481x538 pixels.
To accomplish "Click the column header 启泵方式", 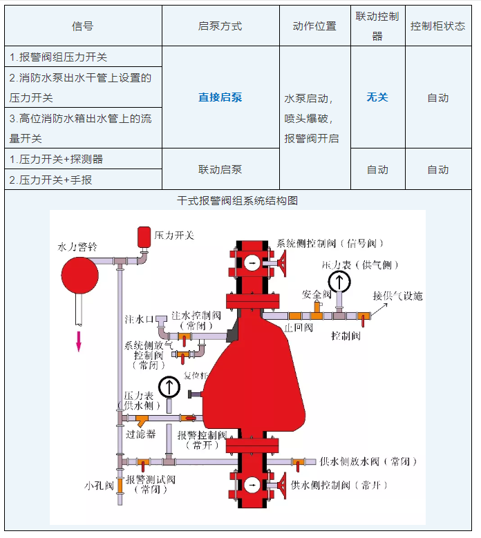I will [220, 26].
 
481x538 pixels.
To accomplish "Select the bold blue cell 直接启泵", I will [220, 97].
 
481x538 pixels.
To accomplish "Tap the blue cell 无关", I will [377, 97].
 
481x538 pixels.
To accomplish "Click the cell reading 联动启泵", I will [220, 169].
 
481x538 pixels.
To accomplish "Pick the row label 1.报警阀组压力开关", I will [59, 57].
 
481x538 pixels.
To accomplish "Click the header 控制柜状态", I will [437, 26].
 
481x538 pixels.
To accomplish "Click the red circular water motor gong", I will [81, 275].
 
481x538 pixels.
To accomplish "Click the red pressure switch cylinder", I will [144, 236].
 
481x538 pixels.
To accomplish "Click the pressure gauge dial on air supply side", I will [339, 281].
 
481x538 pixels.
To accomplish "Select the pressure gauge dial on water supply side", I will [169, 387].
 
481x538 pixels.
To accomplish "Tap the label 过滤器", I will [140, 434].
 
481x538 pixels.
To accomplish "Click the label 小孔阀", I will [99, 486].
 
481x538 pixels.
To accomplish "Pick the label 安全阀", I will [312, 294].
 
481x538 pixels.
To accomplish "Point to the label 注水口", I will [134, 320].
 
